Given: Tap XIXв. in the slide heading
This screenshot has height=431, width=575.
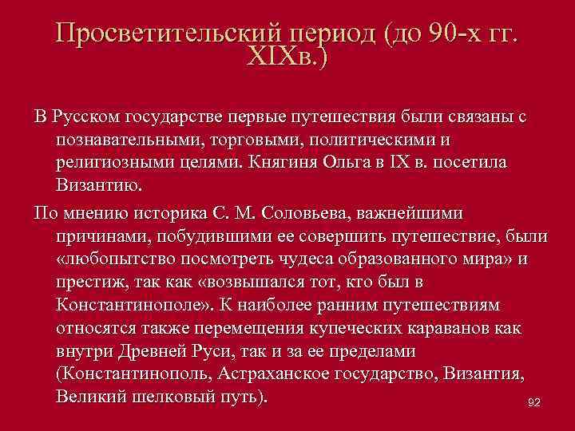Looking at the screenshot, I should (287, 59).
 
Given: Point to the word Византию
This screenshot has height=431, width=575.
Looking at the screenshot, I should (99, 186).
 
